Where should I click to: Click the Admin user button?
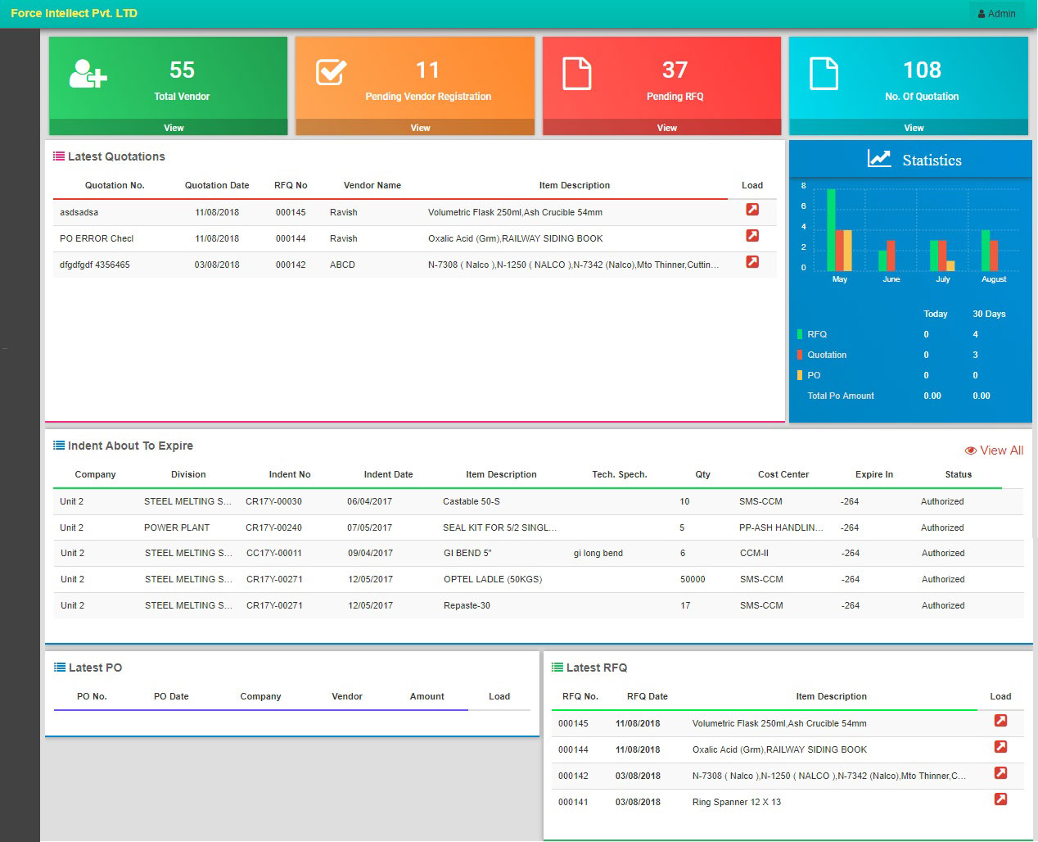point(996,13)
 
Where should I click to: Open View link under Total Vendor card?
point(174,128)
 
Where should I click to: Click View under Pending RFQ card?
point(666,128)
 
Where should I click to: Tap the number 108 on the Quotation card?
point(922,70)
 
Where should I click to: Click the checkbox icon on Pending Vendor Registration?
point(332,72)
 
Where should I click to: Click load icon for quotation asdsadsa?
point(751,210)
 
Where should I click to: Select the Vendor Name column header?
point(372,185)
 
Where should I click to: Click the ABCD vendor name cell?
point(342,265)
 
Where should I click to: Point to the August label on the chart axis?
point(994,279)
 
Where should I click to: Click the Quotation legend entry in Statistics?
point(826,355)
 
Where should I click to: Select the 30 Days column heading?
point(989,314)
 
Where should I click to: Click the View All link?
point(995,450)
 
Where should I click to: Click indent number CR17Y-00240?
point(273,527)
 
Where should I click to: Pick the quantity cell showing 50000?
point(693,579)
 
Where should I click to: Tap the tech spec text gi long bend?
point(598,553)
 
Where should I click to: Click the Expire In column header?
point(873,474)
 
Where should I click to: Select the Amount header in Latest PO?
point(426,696)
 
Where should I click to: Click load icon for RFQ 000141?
point(1000,799)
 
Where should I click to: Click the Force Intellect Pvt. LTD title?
point(74,13)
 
